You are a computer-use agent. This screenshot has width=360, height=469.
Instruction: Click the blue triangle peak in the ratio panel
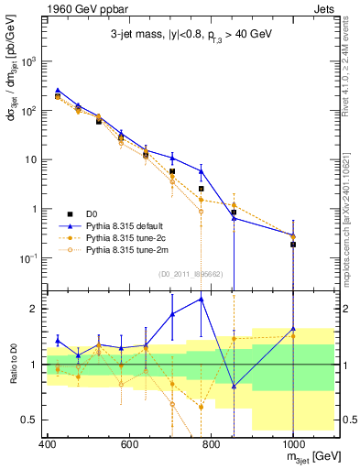coord(202,299)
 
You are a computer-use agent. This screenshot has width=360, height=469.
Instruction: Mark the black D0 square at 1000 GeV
coord(293,245)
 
